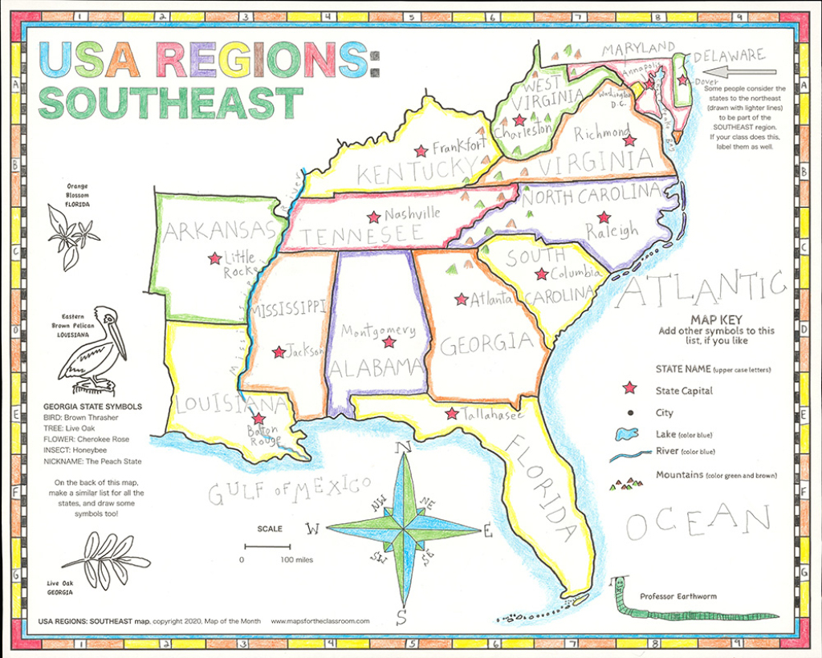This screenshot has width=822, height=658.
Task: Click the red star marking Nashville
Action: click(x=373, y=217)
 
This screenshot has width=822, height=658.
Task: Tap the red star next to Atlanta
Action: click(x=461, y=299)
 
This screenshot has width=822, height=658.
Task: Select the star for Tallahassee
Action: click(x=452, y=414)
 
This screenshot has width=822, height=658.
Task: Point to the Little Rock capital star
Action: click(x=214, y=258)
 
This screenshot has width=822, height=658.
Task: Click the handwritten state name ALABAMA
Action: click(x=376, y=368)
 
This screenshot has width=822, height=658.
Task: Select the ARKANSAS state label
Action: click(x=219, y=231)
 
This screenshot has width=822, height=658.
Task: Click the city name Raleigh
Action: click(x=612, y=231)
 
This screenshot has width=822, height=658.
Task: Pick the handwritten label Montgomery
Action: click(x=378, y=331)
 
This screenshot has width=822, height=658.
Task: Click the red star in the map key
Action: click(x=629, y=388)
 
